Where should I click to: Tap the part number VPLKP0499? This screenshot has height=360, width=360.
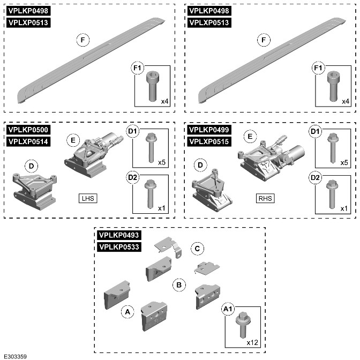209,130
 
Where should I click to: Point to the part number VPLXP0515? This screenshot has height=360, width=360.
209,141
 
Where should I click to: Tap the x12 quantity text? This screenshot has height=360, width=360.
252,341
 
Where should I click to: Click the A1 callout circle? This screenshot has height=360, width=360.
228,309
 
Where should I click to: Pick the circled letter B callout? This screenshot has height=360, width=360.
178,284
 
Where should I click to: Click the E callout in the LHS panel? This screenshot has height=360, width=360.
72,140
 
